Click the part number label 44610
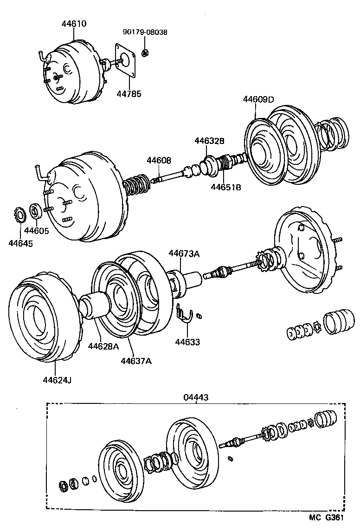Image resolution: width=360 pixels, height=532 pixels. point(74,24)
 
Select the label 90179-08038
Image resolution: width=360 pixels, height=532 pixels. point(145,32)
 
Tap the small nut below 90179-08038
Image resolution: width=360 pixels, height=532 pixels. point(145,53)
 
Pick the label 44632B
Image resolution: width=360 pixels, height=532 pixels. point(209,141)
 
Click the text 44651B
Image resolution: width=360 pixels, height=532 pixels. point(226,187)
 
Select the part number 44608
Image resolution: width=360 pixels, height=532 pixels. point(159,160)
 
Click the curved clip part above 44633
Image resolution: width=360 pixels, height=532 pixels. point(186,313)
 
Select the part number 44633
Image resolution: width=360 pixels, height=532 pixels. point(187,342)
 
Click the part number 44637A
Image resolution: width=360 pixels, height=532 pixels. point(136,361)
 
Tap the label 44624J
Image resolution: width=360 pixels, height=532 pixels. point(57,380)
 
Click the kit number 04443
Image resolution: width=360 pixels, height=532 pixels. point(196,397)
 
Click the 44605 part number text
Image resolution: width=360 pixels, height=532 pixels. point(37,230)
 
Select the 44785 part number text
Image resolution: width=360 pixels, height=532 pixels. point(129,94)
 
